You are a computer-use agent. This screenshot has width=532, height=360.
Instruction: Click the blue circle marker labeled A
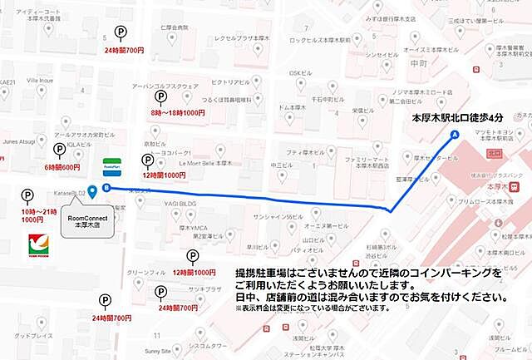pos(454,135)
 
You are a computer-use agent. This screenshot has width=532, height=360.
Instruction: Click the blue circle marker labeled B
pos(106,188)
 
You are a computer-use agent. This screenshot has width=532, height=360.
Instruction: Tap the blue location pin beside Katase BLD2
pos(92,191)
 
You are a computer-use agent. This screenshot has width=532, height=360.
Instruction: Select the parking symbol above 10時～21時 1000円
pos(27,196)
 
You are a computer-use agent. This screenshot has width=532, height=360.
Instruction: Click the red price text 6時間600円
pos(62,167)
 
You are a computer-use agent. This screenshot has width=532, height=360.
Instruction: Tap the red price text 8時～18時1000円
pos(177,112)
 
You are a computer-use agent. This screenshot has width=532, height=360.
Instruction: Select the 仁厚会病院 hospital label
pos(175,28)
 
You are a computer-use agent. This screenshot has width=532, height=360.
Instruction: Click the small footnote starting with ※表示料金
pos(311,308)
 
